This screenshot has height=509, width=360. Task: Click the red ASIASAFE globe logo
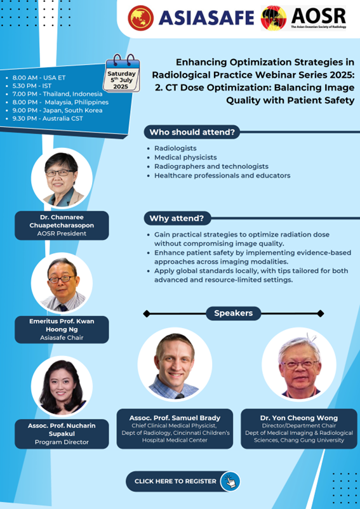[x=140, y=18]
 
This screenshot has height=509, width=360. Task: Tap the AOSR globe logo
[x=274, y=18]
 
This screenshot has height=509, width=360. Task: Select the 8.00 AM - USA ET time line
[x=39, y=77]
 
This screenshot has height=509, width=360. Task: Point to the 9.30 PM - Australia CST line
[x=44, y=119]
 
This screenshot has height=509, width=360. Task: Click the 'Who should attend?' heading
[x=192, y=132]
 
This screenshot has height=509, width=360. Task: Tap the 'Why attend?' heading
[x=177, y=218]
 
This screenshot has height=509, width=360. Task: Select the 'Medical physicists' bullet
[x=185, y=157]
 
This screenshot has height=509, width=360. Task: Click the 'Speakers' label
[x=234, y=314]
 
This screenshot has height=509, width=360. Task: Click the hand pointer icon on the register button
[x=230, y=481]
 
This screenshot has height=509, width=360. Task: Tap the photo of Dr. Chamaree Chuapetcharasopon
[x=62, y=178]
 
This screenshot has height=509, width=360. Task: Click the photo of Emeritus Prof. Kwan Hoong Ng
[x=62, y=283]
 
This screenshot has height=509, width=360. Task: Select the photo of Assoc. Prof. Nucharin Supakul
[x=62, y=387]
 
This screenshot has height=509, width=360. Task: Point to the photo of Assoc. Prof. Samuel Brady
[x=175, y=364]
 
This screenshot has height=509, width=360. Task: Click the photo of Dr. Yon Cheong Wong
[x=299, y=364]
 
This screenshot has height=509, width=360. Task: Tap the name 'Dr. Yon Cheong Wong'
[x=299, y=418]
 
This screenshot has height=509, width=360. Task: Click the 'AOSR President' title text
[x=62, y=234]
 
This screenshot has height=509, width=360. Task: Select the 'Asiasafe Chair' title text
[x=62, y=338]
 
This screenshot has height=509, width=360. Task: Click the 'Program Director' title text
[x=62, y=442]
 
